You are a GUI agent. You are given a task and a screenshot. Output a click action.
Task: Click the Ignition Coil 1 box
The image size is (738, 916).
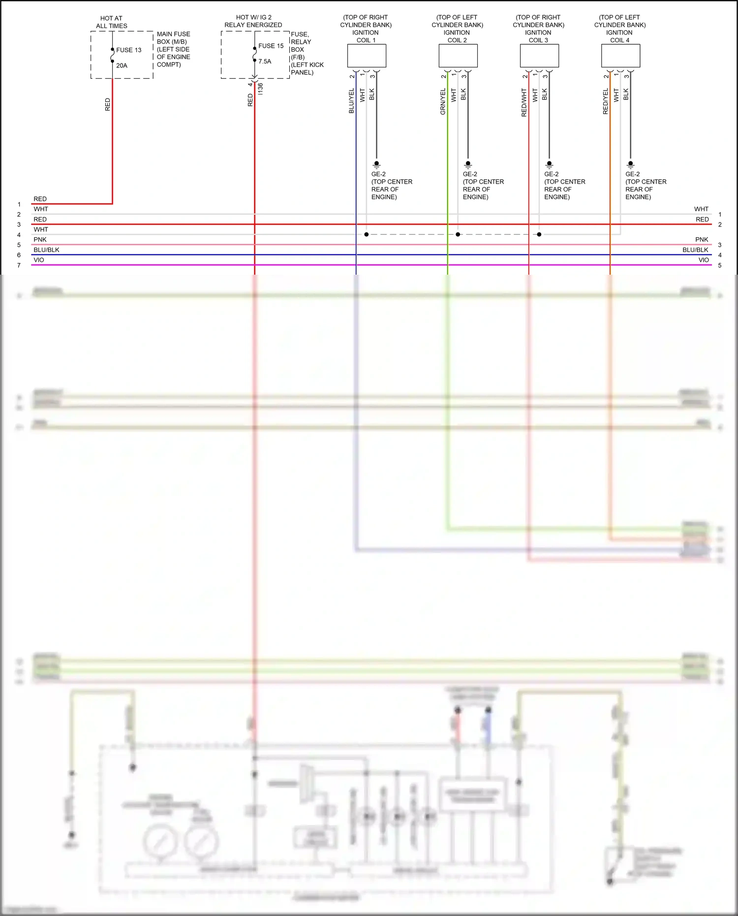[x=367, y=56]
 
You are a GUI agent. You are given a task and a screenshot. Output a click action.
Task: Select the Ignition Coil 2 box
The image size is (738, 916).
[x=458, y=56]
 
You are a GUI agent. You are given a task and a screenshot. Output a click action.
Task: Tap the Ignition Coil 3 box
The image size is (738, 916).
[x=539, y=56]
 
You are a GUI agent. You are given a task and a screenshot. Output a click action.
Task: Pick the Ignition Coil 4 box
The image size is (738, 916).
[x=620, y=56]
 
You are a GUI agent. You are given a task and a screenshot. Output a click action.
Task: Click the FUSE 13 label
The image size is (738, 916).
[x=129, y=50]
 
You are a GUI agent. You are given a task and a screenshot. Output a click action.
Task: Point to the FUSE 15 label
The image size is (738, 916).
[x=271, y=46]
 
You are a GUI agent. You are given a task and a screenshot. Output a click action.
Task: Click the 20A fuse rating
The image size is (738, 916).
[x=122, y=65]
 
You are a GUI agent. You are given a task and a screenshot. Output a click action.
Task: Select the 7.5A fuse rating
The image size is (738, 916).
[x=265, y=62]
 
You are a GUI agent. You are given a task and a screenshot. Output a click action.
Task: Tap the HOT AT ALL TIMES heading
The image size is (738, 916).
[x=112, y=22]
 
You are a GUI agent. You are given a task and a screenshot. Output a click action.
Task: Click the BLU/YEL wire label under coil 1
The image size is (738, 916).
[x=351, y=101]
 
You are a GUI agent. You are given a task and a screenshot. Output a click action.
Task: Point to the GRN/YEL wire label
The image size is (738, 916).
[x=443, y=101]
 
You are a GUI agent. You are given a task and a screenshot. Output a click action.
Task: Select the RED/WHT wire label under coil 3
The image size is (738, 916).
[x=524, y=102]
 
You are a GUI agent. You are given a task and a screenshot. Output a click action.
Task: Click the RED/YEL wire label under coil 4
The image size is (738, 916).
[x=606, y=101]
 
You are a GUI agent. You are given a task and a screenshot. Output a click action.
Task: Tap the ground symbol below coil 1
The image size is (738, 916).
[x=377, y=164]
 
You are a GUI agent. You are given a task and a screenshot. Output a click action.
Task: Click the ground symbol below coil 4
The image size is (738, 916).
[x=631, y=164]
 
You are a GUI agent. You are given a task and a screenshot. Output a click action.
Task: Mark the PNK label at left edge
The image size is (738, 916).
[x=40, y=240]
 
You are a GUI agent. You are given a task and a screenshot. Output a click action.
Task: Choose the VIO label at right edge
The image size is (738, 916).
[x=704, y=260]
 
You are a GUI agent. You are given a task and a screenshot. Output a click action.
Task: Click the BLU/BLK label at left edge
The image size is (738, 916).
[x=46, y=250]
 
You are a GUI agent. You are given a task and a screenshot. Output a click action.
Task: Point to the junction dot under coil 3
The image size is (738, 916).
[x=539, y=234]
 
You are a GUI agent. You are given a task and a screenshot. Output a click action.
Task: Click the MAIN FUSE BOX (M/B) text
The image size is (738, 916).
[x=173, y=38]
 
